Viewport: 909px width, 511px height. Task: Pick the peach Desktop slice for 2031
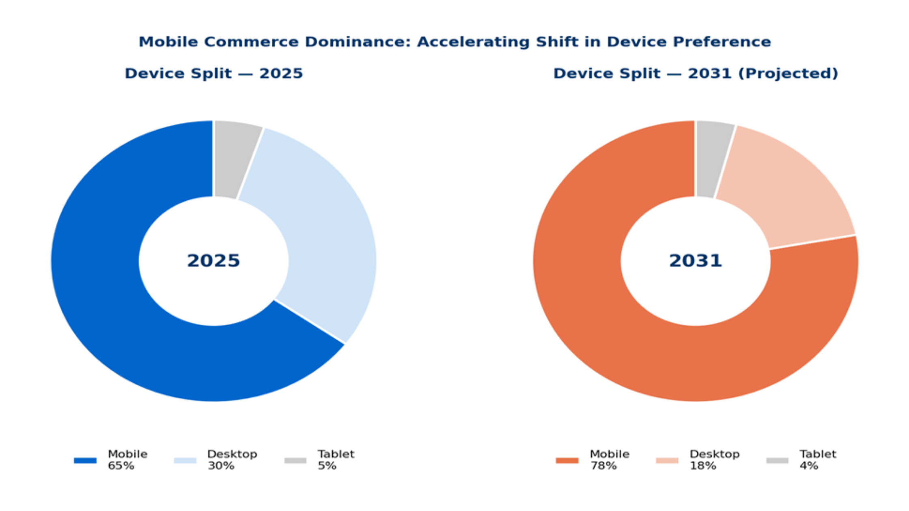pos(783,191)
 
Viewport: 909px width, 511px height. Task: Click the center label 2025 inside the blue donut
pos(213,261)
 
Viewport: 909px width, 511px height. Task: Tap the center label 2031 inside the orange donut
pos(696,261)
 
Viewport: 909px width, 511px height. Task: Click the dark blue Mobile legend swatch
pos(85,460)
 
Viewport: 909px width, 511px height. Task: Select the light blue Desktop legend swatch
pos(185,460)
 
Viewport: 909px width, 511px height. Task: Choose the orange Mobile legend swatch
pos(567,460)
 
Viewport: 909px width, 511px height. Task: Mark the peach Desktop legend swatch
pos(667,460)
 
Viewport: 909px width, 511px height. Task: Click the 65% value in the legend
pos(121,466)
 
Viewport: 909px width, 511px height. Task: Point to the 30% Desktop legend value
pos(221,466)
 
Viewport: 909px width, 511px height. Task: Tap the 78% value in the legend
pos(603,466)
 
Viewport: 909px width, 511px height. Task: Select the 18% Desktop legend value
pos(703,466)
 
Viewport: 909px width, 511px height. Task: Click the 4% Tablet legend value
pos(808,466)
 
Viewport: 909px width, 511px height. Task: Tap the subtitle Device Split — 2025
pos(213,73)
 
